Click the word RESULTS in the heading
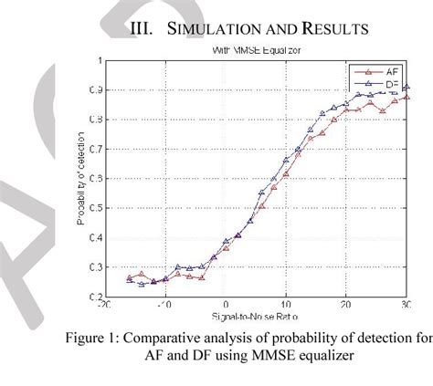click(327, 30)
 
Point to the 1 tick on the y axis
click(98, 61)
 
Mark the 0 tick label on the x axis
click(225, 307)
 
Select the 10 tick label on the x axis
click(286, 307)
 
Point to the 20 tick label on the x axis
click(346, 307)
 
